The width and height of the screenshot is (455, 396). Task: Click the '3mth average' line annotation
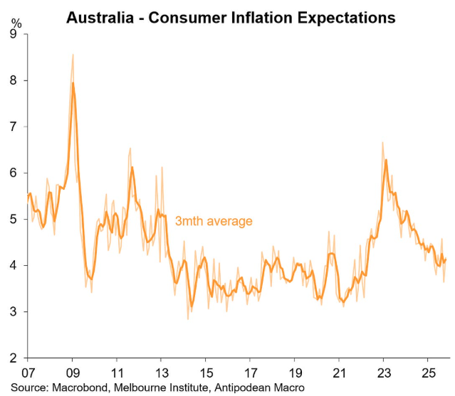(214, 221)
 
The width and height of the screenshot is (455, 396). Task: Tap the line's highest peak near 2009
(73, 83)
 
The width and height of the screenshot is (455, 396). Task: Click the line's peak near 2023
(385, 160)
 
